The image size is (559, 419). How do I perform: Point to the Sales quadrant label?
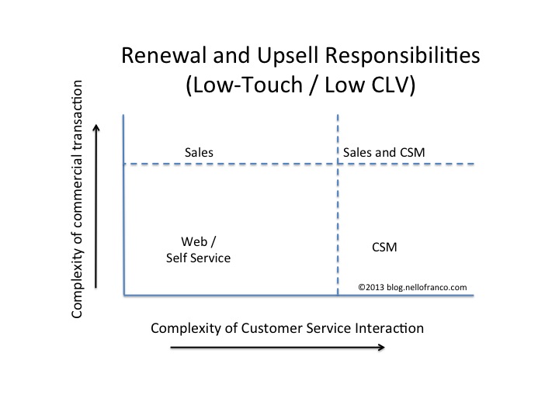(199, 154)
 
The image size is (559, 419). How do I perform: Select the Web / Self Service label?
(198, 249)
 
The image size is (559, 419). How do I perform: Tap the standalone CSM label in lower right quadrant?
(384, 248)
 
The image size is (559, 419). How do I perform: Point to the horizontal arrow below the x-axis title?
(276, 348)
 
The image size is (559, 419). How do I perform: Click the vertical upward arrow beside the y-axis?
(96, 206)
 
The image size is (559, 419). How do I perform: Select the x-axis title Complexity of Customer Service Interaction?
(287, 327)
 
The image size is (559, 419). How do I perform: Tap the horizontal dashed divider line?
(233, 164)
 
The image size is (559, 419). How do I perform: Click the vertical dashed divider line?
(338, 225)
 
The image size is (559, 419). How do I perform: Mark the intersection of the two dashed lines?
(338, 164)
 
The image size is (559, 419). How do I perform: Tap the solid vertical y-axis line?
(124, 209)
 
